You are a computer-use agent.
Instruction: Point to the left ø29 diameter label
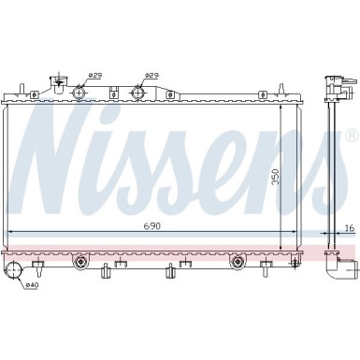94,76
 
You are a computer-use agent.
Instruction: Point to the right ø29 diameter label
151,76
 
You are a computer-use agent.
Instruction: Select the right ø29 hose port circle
138,92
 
